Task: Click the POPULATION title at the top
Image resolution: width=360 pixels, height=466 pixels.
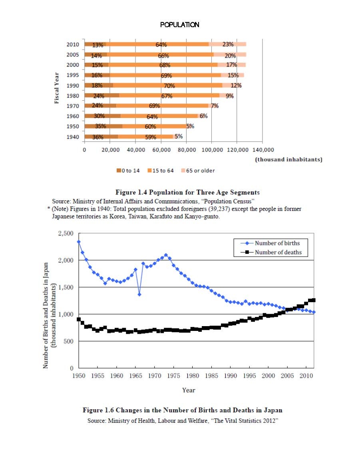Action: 179,25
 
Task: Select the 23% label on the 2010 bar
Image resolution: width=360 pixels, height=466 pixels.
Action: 228,44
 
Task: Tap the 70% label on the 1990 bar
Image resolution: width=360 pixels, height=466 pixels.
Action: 169,86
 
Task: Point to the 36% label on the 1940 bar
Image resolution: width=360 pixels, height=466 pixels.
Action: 98,137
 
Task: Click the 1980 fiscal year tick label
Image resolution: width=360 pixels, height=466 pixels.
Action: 73,96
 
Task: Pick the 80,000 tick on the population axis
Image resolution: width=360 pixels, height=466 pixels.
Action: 187,150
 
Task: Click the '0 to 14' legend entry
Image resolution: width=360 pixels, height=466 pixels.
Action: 128,171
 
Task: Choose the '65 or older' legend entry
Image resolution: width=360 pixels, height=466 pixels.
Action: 198,171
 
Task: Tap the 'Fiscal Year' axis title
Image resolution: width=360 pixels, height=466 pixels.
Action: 56,88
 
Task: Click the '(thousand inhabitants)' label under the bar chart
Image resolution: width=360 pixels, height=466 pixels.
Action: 288,159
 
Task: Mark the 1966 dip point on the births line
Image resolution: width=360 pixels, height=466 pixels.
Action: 139,295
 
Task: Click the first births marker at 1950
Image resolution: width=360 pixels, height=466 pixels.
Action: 79,242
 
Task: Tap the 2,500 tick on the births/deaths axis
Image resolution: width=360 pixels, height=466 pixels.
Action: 66,233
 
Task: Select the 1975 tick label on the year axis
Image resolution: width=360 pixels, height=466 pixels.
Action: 173,376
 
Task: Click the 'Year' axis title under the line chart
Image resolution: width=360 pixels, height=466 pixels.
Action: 189,390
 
